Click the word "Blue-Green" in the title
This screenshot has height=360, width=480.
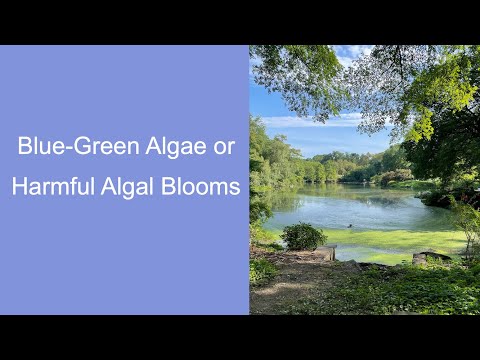click(72, 146)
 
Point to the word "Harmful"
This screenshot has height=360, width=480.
click(50, 187)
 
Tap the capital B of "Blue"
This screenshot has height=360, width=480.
click(25, 146)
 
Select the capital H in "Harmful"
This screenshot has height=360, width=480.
click(19, 187)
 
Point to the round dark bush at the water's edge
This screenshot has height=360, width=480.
click(303, 237)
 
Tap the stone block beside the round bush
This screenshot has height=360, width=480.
click(329, 251)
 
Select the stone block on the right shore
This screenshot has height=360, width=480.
click(430, 257)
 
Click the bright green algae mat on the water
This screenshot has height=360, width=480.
click(400, 242)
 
